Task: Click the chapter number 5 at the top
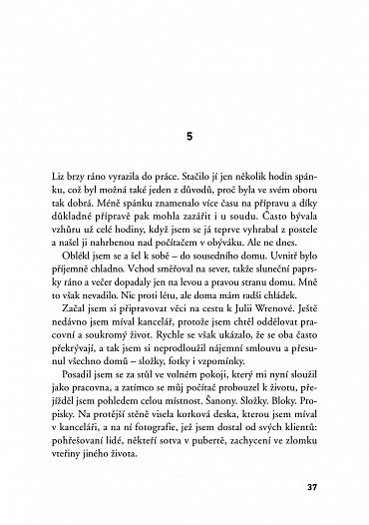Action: [x=185, y=135]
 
